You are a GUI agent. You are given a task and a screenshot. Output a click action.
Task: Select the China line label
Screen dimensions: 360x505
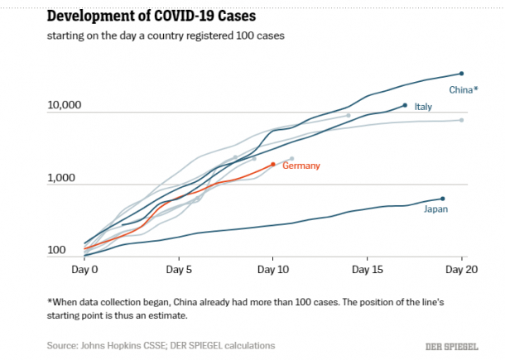(x=463, y=89)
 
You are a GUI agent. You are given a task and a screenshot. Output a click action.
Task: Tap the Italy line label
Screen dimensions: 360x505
(x=423, y=107)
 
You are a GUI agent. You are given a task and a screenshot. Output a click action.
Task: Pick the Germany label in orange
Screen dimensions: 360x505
(x=301, y=166)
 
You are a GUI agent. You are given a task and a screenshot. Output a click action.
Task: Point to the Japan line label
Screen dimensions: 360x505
(x=436, y=210)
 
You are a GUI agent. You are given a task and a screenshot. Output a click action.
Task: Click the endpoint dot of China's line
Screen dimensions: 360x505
(x=461, y=74)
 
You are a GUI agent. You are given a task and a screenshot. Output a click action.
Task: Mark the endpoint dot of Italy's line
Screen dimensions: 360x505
(x=405, y=105)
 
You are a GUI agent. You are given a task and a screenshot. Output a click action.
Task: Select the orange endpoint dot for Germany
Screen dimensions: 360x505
(x=273, y=164)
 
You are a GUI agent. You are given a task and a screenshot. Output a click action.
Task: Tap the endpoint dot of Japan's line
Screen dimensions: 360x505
(x=443, y=199)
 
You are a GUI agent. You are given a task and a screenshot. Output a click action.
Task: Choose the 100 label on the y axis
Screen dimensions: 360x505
(x=56, y=251)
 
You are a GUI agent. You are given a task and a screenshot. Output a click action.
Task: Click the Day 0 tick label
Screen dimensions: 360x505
(x=85, y=270)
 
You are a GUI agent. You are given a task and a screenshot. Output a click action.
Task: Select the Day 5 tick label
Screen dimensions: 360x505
(x=179, y=270)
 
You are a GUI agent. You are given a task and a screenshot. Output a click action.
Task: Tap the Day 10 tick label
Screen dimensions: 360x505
(x=273, y=270)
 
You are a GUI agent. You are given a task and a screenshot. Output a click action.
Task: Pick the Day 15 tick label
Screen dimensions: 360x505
(x=367, y=270)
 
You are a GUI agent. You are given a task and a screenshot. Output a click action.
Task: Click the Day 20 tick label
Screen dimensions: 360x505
(x=461, y=270)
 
